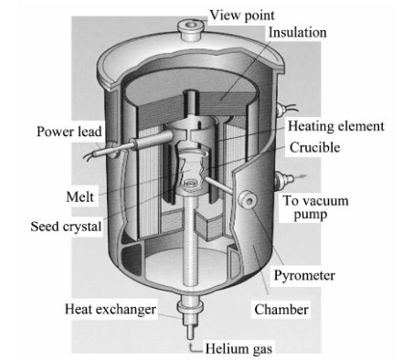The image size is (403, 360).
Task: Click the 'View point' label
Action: coord(242,16)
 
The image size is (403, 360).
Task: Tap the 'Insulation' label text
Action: coord(297,33)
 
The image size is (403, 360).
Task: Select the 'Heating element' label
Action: coord(336,126)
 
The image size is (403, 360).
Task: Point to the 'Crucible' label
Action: coord(314,147)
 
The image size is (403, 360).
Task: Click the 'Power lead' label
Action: coord(69,132)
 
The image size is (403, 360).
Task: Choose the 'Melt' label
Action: coord(80,196)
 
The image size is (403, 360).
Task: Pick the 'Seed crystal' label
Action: coord(66,227)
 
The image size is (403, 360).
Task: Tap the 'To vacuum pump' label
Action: coord(315,207)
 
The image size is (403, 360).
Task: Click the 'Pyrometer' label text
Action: coord(304,276)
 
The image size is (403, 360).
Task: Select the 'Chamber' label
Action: coord(281,310)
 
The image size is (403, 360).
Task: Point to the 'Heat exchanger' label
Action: coord(111,309)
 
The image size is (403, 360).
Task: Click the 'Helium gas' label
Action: coord(239,349)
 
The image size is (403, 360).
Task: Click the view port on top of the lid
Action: coord(191,29)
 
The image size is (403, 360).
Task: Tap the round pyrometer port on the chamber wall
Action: coord(248,200)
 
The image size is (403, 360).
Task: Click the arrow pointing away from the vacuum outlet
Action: coord(301,175)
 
